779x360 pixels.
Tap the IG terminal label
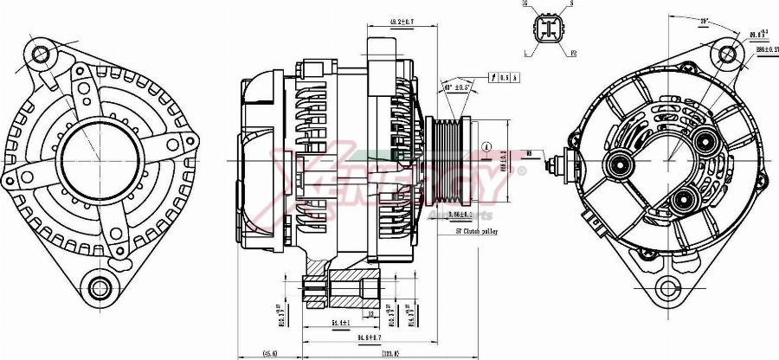click(x=525, y=4)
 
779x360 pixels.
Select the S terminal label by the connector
click(x=572, y=4)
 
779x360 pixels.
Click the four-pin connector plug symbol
click(x=549, y=29)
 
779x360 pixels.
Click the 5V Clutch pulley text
click(x=478, y=232)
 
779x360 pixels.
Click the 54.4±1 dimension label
click(x=341, y=323)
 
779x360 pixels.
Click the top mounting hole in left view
click(x=41, y=54)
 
